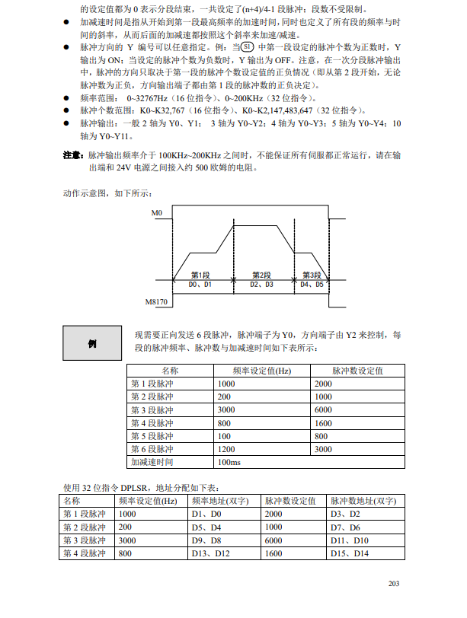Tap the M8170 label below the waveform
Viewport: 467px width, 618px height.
tap(156, 302)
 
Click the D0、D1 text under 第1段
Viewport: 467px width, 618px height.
tap(200, 284)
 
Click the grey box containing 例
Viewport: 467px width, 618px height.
tap(92, 343)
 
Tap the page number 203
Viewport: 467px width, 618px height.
tap(394, 584)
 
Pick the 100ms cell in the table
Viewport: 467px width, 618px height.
tap(229, 462)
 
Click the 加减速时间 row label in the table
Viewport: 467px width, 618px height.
tap(152, 462)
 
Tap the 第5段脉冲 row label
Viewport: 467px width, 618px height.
tap(152, 436)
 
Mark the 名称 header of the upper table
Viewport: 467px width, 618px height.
tap(170, 371)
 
